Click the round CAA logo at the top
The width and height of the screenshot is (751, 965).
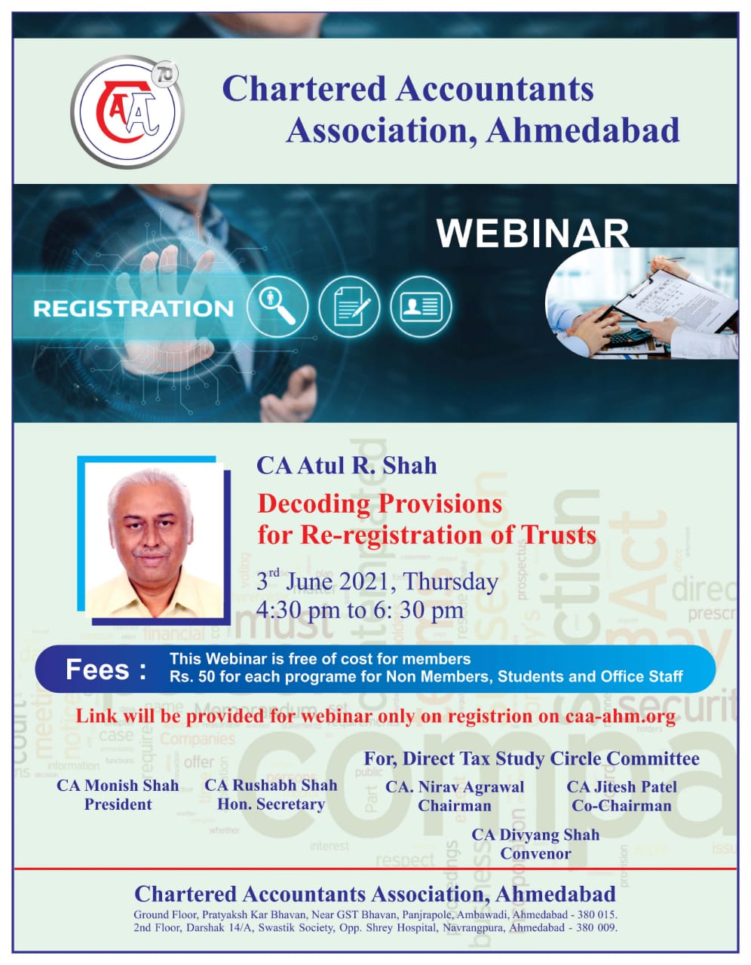pyautogui.click(x=127, y=112)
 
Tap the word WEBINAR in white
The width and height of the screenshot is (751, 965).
pyautogui.click(x=533, y=234)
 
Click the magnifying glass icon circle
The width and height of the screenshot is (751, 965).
pyautogui.click(x=277, y=307)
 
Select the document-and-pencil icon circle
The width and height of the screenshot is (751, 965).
pyautogui.click(x=349, y=307)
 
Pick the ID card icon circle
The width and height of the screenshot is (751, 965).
pyautogui.click(x=421, y=307)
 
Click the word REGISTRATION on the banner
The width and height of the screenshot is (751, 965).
pyautogui.click(x=133, y=308)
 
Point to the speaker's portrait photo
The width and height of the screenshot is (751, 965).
pyautogui.click(x=154, y=540)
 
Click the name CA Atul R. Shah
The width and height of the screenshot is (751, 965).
pyautogui.click(x=346, y=466)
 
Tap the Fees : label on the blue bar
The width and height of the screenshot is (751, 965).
pyautogui.click(x=106, y=669)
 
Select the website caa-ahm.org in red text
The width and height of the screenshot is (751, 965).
pyautogui.click(x=621, y=716)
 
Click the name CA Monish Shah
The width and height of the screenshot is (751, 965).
pyautogui.click(x=118, y=785)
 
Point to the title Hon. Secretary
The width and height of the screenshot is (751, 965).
pyautogui.click(x=271, y=804)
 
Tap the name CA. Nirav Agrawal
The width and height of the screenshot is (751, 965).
pyautogui.click(x=455, y=787)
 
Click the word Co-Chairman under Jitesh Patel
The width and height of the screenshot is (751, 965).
pyautogui.click(x=621, y=806)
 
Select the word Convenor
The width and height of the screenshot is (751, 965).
pyautogui.click(x=535, y=853)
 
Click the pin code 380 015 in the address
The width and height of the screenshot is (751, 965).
pyautogui.click(x=596, y=914)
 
